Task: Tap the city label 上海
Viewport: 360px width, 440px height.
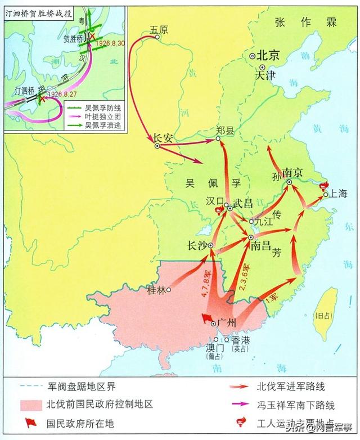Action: pyautogui.click(x=340, y=194)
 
